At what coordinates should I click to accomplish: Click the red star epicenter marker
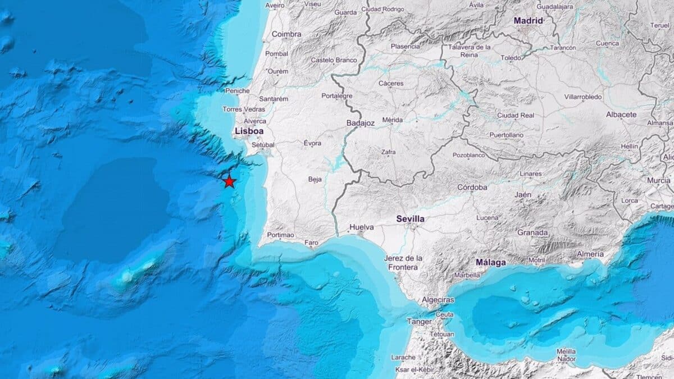pos(229,181)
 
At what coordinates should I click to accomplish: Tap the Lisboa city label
pos(249,131)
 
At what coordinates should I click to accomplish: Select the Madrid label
pos(529,21)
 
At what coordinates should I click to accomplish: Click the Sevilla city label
pos(410,219)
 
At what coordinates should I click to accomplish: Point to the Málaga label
pos(490,262)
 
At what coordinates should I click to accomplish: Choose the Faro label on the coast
pos(311,243)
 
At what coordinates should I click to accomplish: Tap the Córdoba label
pos(472,188)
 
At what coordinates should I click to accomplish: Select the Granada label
pos(532,232)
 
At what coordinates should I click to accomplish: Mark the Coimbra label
pos(286,34)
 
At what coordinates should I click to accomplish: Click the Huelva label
pos(362,227)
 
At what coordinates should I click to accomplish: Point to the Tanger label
pos(420,322)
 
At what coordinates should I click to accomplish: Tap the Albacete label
pos(621,115)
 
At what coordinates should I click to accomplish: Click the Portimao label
pos(280,235)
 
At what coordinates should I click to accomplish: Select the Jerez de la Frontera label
pos(404,263)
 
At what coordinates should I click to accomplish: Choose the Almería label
pos(590,254)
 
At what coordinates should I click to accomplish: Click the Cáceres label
pos(391,84)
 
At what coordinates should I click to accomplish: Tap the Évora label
pos(312,143)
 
